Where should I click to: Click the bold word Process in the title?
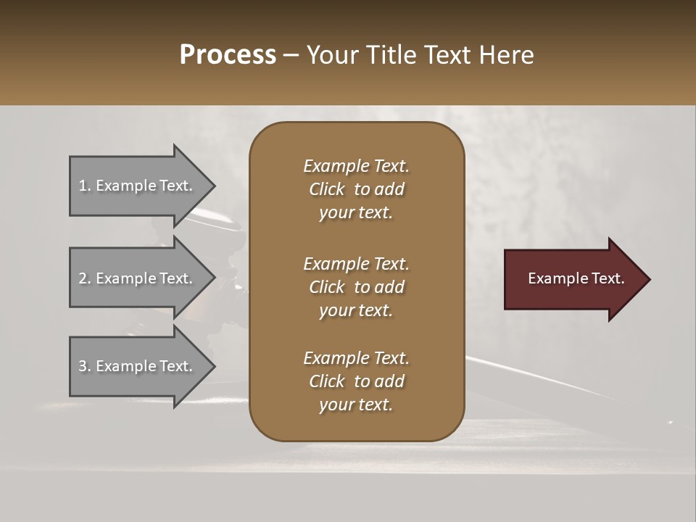(228, 55)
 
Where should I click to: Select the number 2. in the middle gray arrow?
(85, 278)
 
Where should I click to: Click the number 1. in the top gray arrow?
(85, 186)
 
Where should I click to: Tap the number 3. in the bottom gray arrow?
(85, 366)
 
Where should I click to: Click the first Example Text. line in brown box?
(356, 166)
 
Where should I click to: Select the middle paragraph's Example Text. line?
(356, 264)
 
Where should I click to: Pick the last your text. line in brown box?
(356, 405)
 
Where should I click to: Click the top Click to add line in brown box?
(356, 189)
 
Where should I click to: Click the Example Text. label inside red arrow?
(576, 278)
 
